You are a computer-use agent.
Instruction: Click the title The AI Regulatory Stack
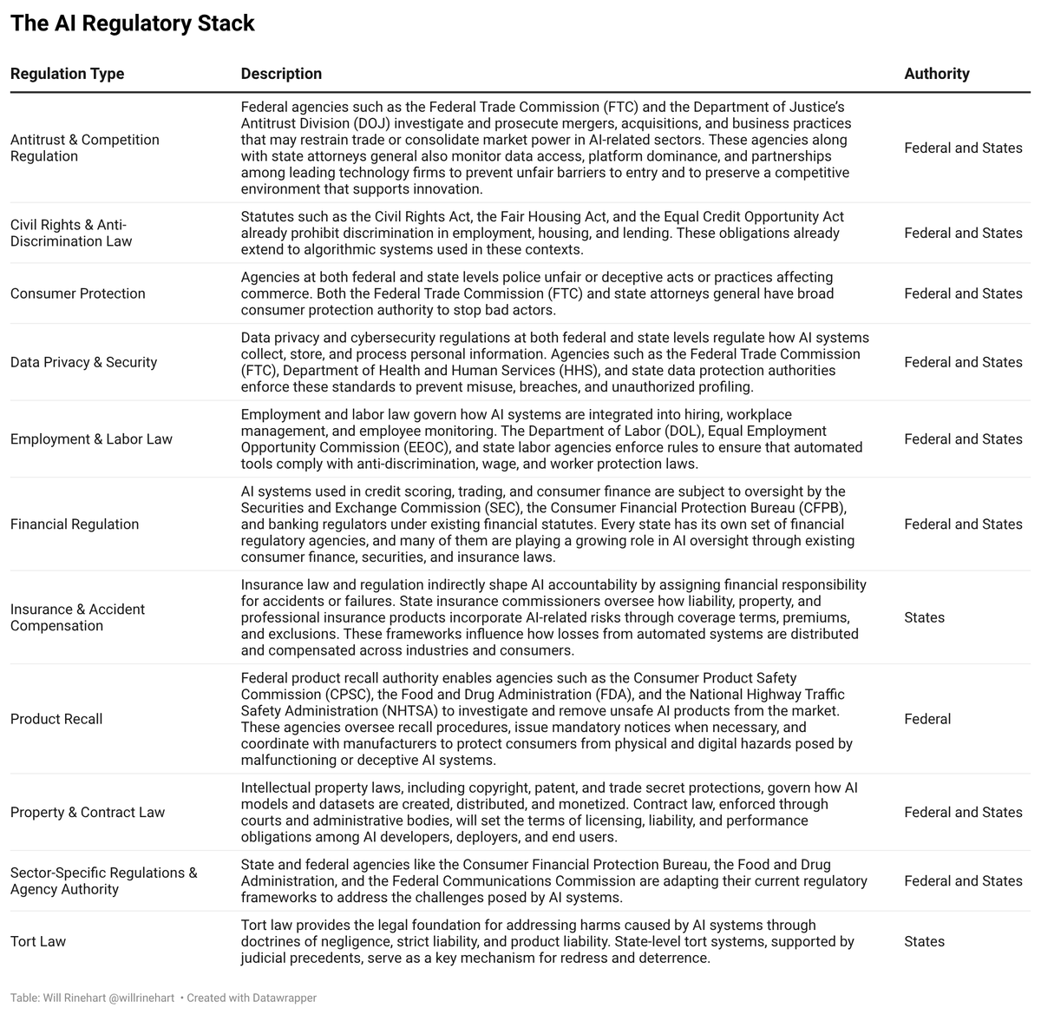(x=132, y=23)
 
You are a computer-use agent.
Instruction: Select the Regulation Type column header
(x=67, y=74)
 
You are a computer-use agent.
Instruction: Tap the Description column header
(x=281, y=74)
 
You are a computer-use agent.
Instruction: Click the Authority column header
(x=937, y=74)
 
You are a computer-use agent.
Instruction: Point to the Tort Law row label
(x=38, y=941)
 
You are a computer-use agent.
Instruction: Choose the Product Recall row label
(x=56, y=719)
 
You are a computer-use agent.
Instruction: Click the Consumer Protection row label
(x=78, y=293)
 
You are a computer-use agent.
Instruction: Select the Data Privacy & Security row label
(x=83, y=362)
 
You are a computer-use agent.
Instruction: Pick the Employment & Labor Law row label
(x=91, y=439)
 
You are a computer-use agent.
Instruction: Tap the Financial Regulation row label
(x=75, y=524)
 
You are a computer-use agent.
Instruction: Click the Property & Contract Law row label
(x=88, y=813)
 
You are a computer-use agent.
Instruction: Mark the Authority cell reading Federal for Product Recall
(x=927, y=719)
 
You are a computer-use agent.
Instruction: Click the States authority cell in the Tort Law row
(x=924, y=941)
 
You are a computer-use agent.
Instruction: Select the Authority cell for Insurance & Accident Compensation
(x=924, y=617)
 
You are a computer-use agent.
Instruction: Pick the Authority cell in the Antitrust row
(x=963, y=148)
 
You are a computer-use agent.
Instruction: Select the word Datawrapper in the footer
(x=284, y=999)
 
